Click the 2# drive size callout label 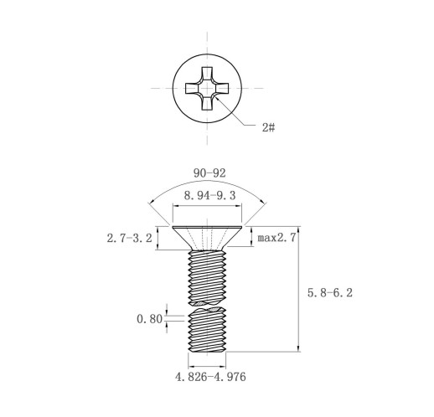(268, 127)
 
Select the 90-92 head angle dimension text (209, 173)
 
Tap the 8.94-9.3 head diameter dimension (209, 196)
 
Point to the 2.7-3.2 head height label (130, 238)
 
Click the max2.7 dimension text (276, 238)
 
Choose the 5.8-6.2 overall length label (330, 293)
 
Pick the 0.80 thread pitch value (149, 319)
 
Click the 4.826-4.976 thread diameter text (210, 377)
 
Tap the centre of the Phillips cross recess (207, 88)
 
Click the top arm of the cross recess (207, 73)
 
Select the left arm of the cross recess (192, 88)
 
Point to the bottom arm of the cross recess (207, 103)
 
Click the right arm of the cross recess (222, 88)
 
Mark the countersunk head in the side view (207, 238)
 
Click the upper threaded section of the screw (207, 277)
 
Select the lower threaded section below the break (207, 329)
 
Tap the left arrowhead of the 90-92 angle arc (151, 202)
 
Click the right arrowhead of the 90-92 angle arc (263, 202)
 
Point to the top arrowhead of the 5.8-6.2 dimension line (299, 229)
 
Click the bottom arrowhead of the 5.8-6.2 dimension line (299, 348)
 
